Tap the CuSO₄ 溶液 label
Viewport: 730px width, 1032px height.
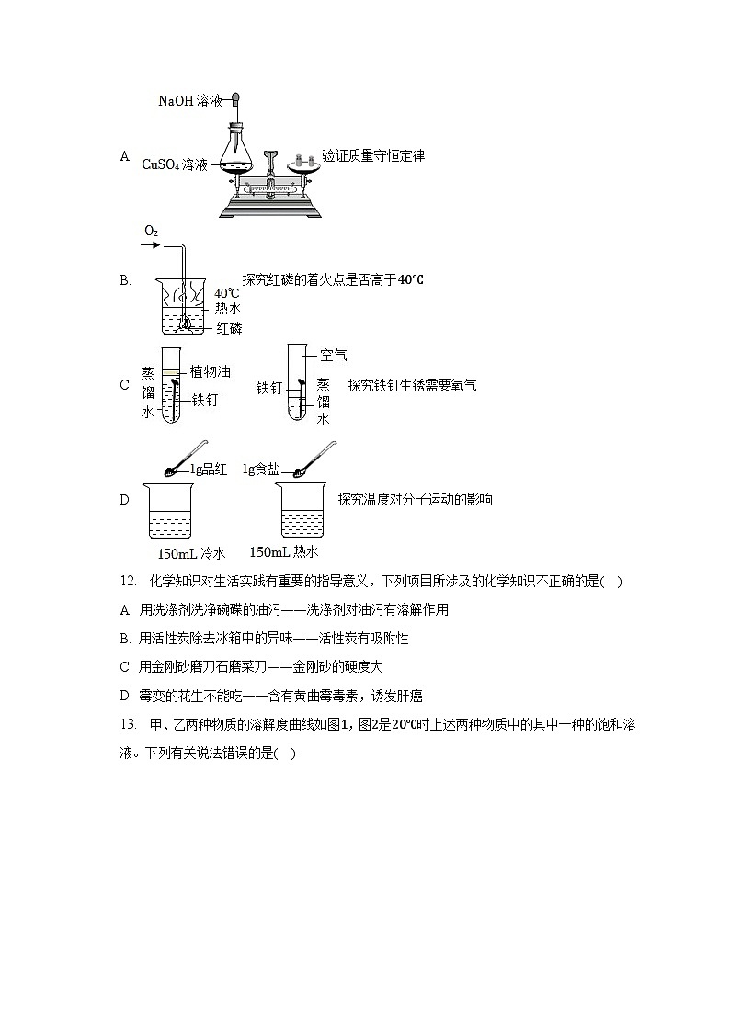pyautogui.click(x=175, y=164)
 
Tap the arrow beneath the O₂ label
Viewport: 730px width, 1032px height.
pyautogui.click(x=152, y=246)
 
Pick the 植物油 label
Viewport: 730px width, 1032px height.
pyautogui.click(x=210, y=371)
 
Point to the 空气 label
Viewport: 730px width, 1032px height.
pyautogui.click(x=334, y=355)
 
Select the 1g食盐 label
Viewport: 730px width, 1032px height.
pyautogui.click(x=261, y=470)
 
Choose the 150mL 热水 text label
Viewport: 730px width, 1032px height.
pyautogui.click(x=283, y=552)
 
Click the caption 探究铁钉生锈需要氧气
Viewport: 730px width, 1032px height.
pyautogui.click(x=412, y=386)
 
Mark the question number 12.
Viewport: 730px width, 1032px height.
pyautogui.click(x=128, y=581)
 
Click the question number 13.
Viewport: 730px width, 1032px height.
pyautogui.click(x=128, y=725)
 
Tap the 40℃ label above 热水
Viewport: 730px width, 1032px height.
pyautogui.click(x=227, y=293)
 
